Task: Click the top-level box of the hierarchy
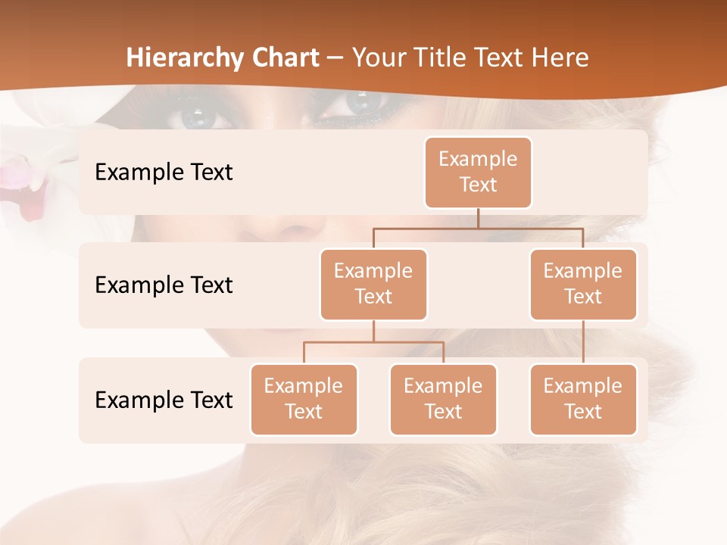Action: pyautogui.click(x=478, y=173)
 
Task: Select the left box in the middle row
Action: pyautogui.click(x=373, y=285)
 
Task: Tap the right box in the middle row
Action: pyautogui.click(x=583, y=285)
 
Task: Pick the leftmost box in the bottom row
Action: pyautogui.click(x=304, y=400)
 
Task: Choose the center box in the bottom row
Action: pyautogui.click(x=443, y=400)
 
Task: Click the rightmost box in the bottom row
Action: pyautogui.click(x=583, y=400)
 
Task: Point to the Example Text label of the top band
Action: pyautogui.click(x=164, y=173)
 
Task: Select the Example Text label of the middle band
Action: pyautogui.click(x=164, y=285)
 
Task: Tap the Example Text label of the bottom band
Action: pyautogui.click(x=164, y=400)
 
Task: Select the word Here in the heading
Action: pyautogui.click(x=560, y=58)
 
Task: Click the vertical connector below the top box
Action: pyautogui.click(x=478, y=218)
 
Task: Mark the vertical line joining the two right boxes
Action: pyautogui.click(x=583, y=342)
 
